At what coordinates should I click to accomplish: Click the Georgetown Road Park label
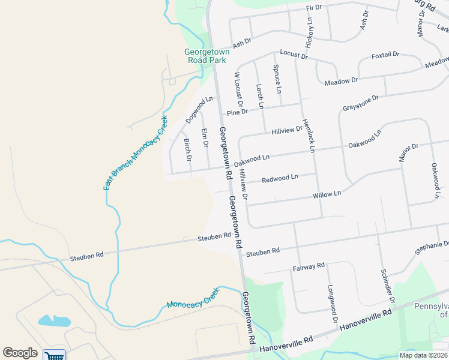pos(207,56)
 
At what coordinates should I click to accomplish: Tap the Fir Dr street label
pos(314,7)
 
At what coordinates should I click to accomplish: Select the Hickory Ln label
pos(309,32)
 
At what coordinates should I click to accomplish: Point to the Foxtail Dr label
pos(385,55)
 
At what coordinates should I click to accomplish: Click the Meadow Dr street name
pos(341,80)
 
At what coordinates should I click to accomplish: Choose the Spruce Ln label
pos(277,79)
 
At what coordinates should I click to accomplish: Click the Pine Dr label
pos(237,112)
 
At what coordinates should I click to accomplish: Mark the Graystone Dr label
pos(361,103)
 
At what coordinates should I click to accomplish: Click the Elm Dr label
pos(204,139)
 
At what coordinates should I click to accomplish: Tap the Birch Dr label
pos(187,150)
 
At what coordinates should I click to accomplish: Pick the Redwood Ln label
pos(280,178)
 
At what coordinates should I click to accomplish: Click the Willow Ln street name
pos(327,194)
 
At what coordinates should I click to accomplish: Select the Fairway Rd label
pos(309,266)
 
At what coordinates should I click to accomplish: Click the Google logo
pos(20,353)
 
